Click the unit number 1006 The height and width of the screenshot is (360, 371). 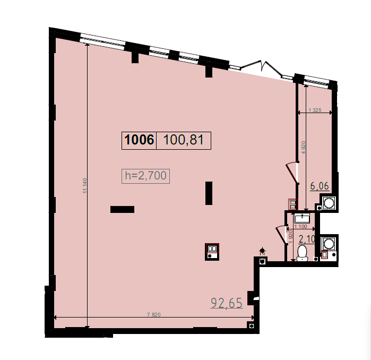click(x=139, y=140)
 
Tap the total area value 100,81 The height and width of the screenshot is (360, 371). click(x=183, y=140)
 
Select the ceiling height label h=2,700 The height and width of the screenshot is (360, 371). click(x=145, y=176)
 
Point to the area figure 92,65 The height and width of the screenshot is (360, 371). click(x=227, y=303)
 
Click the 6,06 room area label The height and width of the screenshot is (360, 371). click(x=320, y=186)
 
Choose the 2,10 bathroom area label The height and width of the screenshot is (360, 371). click(x=307, y=239)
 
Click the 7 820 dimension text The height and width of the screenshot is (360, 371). click(x=154, y=314)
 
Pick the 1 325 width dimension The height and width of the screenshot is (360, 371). click(x=315, y=110)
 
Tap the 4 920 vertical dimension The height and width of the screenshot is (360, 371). click(x=304, y=148)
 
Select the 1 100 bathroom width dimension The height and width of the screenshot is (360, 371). click(x=300, y=227)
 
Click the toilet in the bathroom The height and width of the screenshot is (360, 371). click(x=302, y=253)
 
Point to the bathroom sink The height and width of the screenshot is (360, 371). click(x=302, y=218)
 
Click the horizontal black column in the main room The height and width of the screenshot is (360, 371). click(x=122, y=209)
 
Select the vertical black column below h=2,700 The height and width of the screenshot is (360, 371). click(x=209, y=193)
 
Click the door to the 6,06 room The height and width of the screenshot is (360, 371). click(x=291, y=173)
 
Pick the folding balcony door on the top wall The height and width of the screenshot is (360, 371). click(x=262, y=67)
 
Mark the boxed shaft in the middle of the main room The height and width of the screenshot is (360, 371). click(x=212, y=252)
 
